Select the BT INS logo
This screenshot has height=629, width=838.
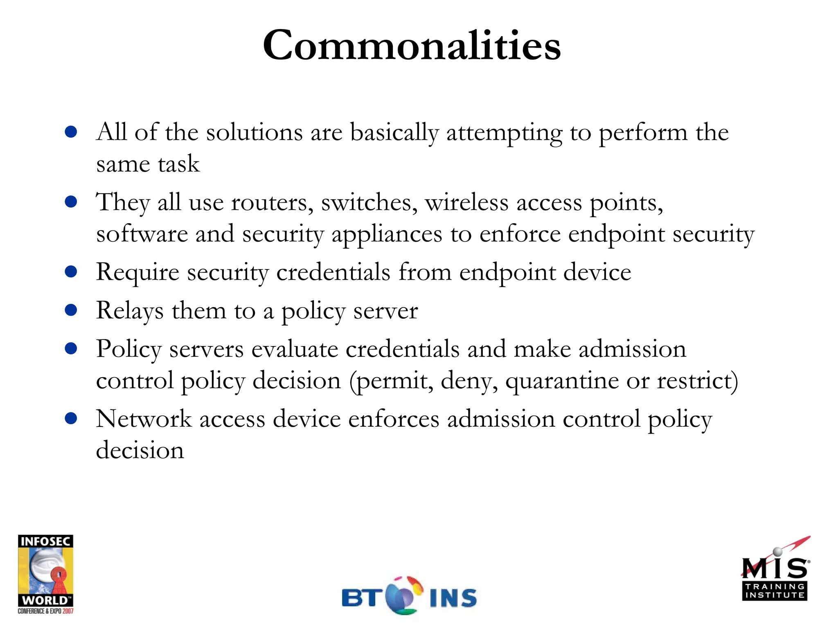tap(409, 596)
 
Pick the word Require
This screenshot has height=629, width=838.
tap(137, 273)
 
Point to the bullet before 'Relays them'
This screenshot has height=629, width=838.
tap(71, 310)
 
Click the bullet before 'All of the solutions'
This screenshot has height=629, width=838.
tap(71, 132)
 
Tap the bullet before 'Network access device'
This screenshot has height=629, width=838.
tap(71, 419)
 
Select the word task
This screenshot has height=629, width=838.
tap(179, 164)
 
